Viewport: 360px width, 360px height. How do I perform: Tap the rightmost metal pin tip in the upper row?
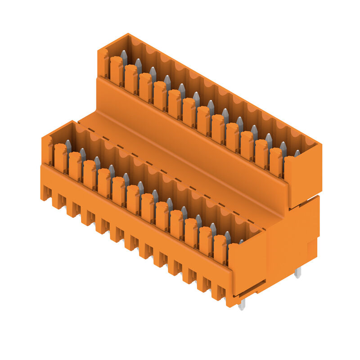[297, 153]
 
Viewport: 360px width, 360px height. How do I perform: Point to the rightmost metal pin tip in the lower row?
[242, 242]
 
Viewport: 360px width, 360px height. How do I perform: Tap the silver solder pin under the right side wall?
[297, 272]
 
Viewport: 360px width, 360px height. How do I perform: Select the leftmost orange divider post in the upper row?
[116, 70]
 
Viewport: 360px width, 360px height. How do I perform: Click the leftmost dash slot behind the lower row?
[90, 130]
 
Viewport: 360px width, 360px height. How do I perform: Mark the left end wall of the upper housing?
[103, 63]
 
